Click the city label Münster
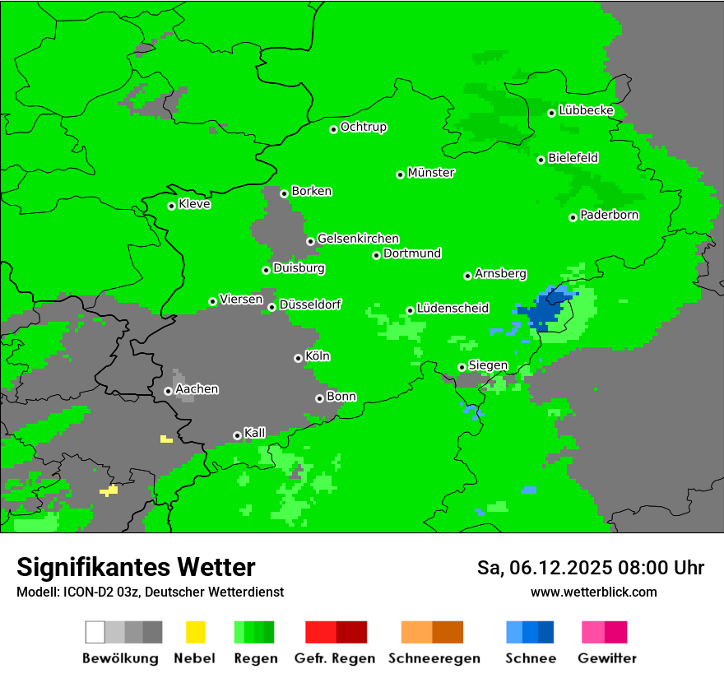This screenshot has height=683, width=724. [431, 173]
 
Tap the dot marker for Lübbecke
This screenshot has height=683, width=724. [552, 113]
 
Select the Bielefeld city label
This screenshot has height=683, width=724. [573, 158]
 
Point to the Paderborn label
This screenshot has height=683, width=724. [609, 215]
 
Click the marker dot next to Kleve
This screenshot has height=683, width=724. [172, 206]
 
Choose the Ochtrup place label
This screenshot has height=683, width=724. [364, 128]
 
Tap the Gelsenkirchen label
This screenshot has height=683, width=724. [358, 239]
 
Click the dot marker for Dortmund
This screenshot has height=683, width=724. [377, 255]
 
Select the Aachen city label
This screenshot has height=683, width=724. [197, 389]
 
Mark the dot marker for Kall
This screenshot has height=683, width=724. [238, 435]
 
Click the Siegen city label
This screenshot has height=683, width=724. [488, 365]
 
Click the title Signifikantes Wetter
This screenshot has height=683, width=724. [136, 567]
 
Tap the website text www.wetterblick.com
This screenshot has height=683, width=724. [593, 592]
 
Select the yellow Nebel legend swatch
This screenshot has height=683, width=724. [195, 632]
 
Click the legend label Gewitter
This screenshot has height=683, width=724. [606, 658]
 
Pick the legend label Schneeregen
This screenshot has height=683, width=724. [434, 658]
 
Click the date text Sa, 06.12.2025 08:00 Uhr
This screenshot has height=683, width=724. [590, 568]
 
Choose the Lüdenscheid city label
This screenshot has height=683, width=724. [452, 309]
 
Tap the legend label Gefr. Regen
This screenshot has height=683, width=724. [335, 658]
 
